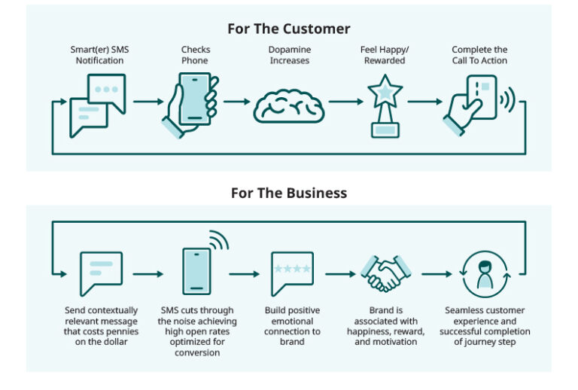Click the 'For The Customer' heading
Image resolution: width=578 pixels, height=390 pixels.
click(289, 29)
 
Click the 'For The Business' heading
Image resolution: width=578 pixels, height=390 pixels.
click(289, 193)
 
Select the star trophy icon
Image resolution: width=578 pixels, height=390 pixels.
click(385, 105)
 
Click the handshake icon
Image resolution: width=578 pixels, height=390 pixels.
click(385, 273)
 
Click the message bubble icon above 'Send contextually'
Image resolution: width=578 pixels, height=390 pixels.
click(101, 273)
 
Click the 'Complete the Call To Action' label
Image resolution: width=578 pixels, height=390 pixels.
click(479, 55)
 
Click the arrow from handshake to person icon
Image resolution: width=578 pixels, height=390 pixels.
click(434, 274)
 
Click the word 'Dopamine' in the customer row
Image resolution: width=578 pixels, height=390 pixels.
click(289, 50)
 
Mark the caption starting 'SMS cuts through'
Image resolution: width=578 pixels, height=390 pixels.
click(197, 331)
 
